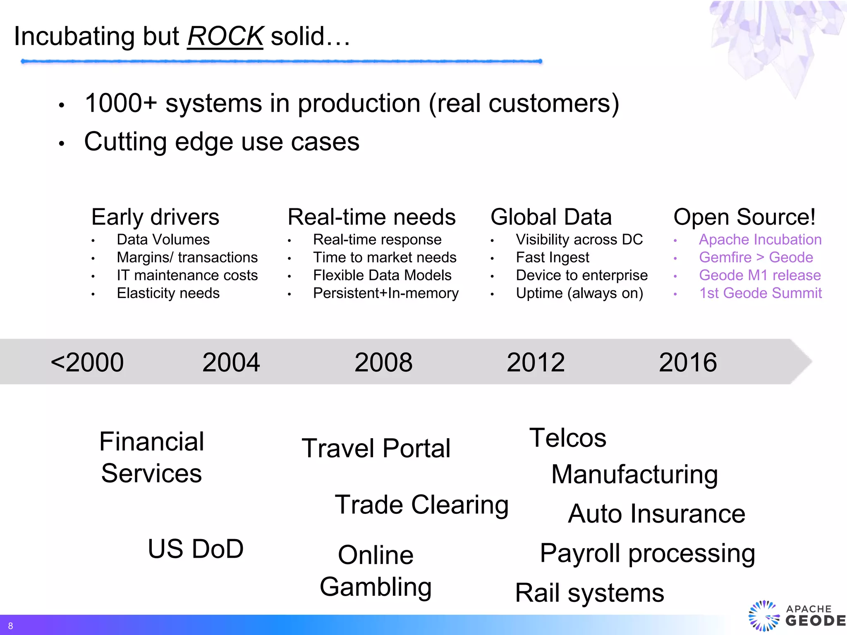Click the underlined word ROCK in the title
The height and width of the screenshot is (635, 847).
coord(225,36)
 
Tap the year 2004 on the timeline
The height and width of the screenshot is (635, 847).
coord(231,362)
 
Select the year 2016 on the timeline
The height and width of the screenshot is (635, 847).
coord(687,362)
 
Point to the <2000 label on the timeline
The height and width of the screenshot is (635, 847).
coord(87,362)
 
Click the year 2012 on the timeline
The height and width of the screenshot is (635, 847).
coord(536,362)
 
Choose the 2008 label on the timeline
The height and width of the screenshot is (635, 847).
coord(383,362)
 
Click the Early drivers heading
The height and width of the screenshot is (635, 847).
coord(155,217)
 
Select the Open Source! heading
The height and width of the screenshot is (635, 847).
coord(744,217)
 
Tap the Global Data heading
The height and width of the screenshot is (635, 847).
coord(551,217)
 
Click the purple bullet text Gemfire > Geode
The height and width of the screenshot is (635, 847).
coord(756,257)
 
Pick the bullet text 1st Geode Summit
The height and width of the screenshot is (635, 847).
coord(760,293)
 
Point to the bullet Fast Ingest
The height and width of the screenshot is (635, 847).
coord(552,257)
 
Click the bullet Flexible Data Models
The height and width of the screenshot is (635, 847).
coord(382,275)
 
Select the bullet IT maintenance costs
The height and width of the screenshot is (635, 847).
coord(187,275)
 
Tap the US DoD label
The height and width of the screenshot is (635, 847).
coord(196,549)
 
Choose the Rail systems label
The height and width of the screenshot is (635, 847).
coord(589,593)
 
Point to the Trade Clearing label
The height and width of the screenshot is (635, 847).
coord(421,505)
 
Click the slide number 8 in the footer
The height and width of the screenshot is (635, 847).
coord(10,626)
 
